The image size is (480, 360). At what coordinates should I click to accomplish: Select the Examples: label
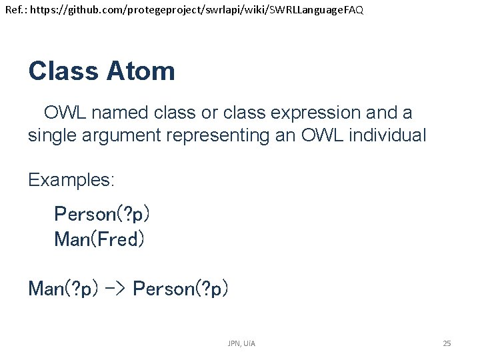tap(71, 180)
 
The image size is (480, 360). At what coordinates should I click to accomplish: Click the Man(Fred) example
tap(99, 239)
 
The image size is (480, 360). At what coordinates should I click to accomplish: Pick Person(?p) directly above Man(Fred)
tap(102, 214)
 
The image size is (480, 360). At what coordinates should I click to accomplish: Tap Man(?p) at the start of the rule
tap(63, 289)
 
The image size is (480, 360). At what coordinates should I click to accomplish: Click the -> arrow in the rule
tap(115, 289)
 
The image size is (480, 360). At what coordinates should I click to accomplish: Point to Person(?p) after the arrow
tap(181, 289)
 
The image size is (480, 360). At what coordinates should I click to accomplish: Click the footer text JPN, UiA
tap(241, 343)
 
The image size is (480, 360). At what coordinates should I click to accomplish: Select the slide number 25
tap(447, 343)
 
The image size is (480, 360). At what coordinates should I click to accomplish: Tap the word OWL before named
tap(68, 113)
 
